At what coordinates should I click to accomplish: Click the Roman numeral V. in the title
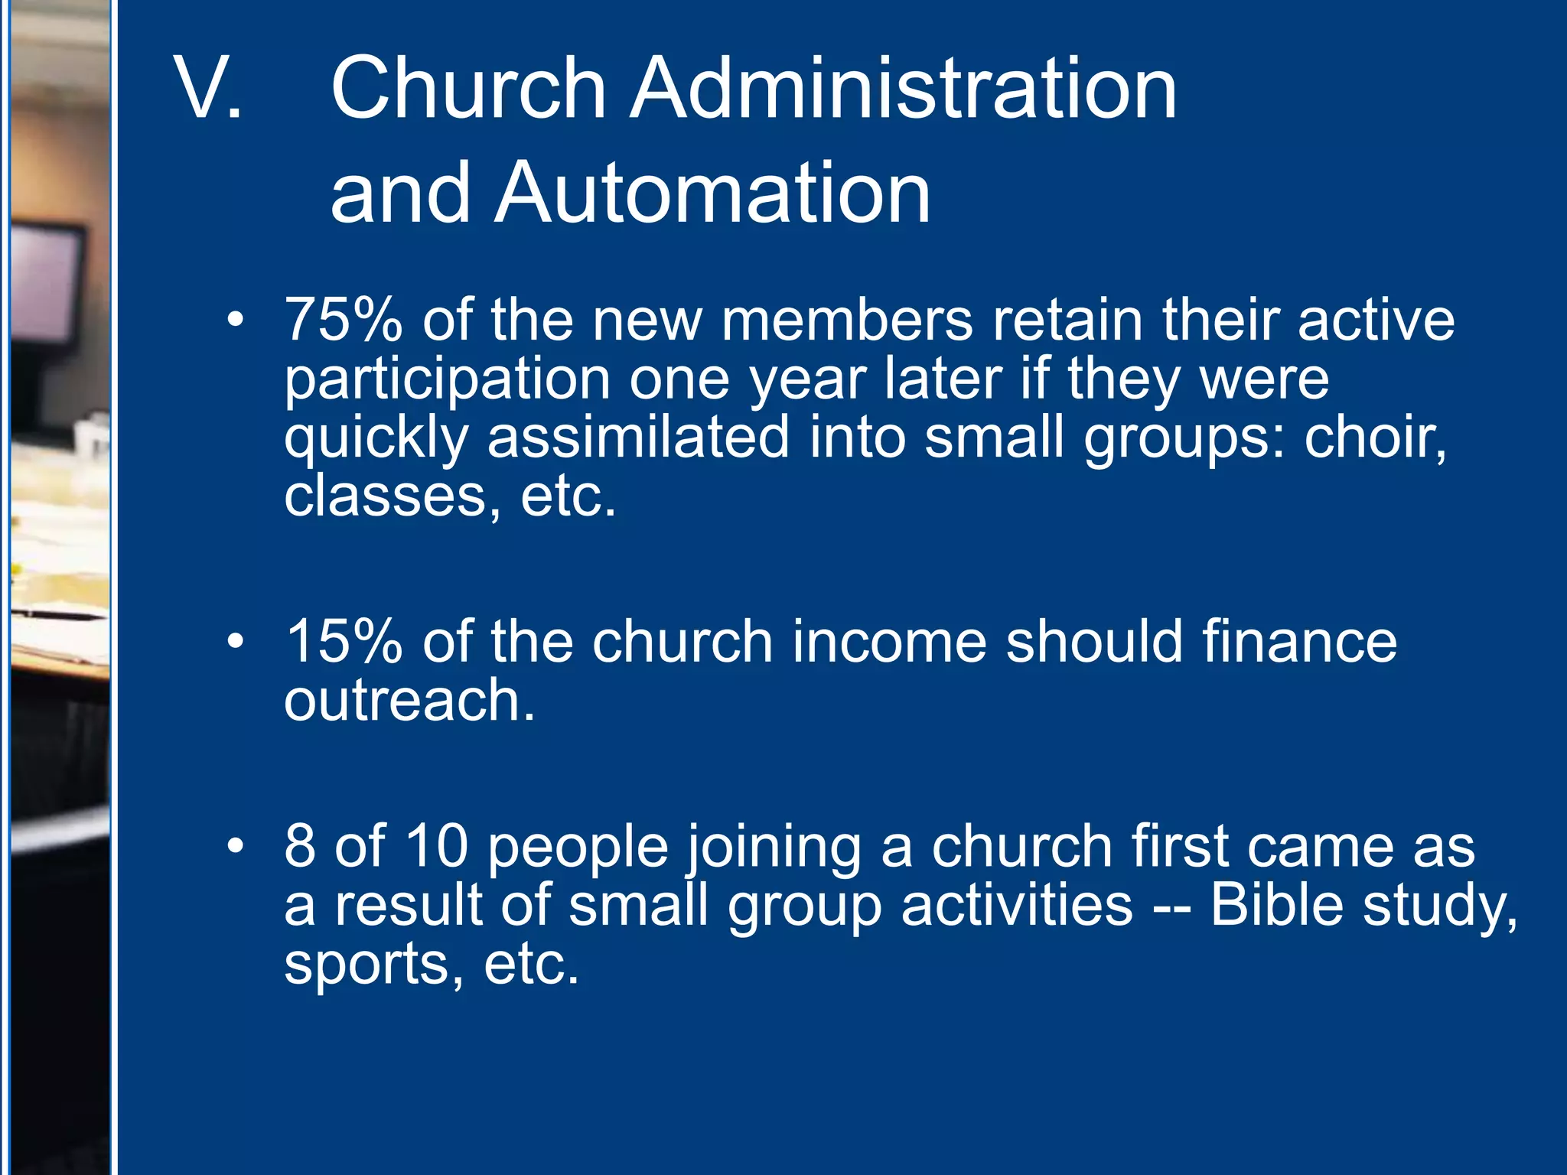[208, 89]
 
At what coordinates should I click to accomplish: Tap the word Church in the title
[468, 89]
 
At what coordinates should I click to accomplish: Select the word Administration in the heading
[903, 89]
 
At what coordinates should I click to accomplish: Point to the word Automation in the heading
[712, 193]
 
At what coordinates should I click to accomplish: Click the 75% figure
[343, 320]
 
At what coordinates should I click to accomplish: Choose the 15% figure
[343, 641]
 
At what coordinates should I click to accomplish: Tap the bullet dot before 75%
[236, 319]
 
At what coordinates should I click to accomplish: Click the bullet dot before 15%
[236, 640]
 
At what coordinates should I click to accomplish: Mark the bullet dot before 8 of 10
[236, 845]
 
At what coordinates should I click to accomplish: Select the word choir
[1374, 438]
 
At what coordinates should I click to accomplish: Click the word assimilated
[638, 438]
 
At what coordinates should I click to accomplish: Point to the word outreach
[409, 700]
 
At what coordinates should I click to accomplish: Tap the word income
[889, 641]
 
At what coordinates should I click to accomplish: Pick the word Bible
[1276, 905]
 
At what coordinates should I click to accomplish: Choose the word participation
[447, 379]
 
